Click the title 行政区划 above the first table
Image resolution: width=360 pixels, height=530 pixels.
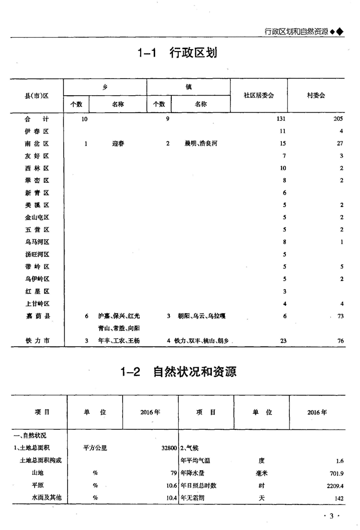coord(193,53)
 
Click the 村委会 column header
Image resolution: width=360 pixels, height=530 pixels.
coord(315,95)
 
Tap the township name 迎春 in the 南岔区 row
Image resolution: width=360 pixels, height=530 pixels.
coord(118,143)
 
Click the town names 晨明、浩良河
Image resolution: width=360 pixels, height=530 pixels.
coord(201,143)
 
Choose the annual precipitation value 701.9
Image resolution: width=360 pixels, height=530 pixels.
coord(335,473)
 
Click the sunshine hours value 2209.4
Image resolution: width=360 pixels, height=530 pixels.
coord(333,485)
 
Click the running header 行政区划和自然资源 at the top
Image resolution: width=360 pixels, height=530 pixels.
coord(296,32)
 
